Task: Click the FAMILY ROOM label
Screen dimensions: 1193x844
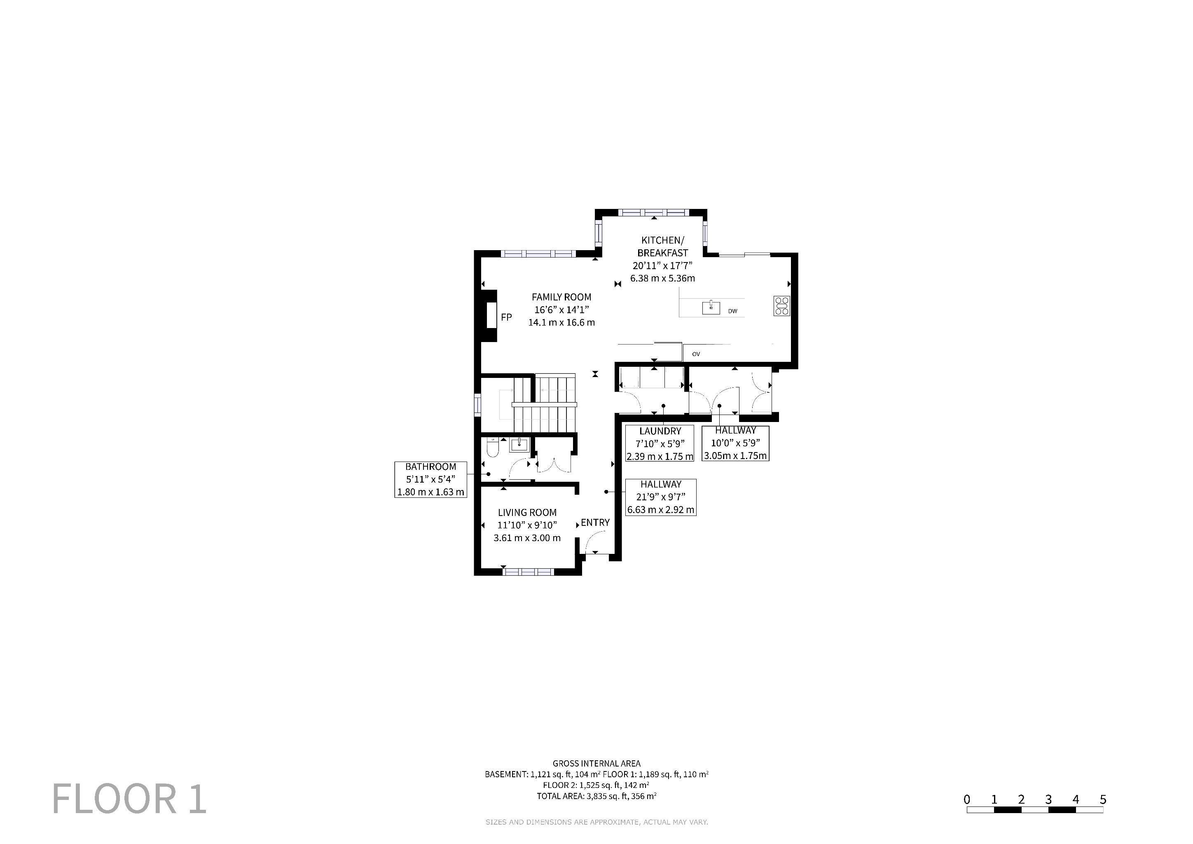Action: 561,297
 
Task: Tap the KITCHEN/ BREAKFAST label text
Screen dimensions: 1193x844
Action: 662,246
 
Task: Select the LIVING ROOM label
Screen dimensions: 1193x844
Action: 527,512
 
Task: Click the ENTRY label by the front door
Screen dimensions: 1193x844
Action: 595,522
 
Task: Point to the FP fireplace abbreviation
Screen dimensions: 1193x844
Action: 506,317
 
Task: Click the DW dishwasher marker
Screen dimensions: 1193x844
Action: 732,311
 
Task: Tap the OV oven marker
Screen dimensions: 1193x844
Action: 696,354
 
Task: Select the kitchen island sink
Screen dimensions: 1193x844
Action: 711,308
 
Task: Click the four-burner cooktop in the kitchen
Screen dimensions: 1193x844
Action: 782,306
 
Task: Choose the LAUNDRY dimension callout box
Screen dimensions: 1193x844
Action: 660,443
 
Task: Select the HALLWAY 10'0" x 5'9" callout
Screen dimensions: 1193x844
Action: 735,443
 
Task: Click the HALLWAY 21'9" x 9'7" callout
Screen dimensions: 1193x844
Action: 660,497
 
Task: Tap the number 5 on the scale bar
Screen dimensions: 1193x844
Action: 1103,800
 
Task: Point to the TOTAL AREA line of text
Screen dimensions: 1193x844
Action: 596,796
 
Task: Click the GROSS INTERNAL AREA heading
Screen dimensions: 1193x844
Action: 596,764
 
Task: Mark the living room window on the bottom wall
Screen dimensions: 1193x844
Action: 529,572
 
